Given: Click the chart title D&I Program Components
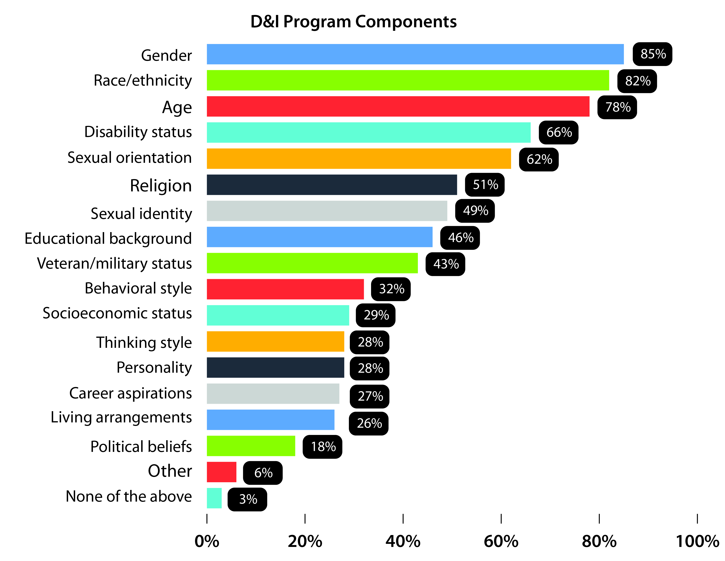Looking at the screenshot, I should coord(353,22).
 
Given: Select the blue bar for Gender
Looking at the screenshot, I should coord(415,54).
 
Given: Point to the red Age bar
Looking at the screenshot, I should coord(398,106).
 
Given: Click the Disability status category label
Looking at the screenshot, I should coord(138,132).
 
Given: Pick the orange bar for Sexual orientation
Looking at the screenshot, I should coord(359,159).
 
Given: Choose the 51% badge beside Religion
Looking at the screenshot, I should coord(485,185).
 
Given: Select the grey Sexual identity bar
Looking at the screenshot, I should coord(327,211).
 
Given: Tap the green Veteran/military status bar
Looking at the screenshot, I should coord(312,263).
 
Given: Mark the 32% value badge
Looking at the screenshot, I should coord(391,289).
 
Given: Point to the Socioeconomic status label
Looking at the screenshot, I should coord(117,313).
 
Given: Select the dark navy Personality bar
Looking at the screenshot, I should coord(275,368).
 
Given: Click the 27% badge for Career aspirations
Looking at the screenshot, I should coord(370,396).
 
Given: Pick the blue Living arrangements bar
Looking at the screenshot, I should coord(270,420).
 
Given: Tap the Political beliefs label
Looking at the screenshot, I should coord(141,446).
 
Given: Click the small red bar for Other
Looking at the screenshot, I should coord(221,472).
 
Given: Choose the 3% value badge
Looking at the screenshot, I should coord(247,499).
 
